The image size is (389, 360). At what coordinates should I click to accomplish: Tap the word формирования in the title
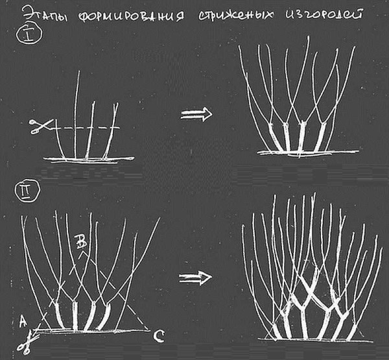point(132,16)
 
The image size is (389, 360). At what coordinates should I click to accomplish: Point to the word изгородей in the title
point(324,14)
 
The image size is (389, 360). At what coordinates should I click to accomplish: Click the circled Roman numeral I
point(29,36)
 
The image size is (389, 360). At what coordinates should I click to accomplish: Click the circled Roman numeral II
point(27,191)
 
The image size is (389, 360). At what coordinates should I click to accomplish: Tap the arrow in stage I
point(196,114)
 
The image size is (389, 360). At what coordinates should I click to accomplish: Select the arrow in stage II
point(195,278)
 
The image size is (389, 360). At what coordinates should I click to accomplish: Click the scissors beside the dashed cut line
point(41,126)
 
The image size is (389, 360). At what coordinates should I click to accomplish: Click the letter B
point(81,242)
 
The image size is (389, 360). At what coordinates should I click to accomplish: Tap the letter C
point(158,337)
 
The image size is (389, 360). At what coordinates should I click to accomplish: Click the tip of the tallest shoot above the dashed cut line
point(79,71)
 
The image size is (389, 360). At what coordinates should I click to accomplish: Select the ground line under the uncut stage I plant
point(89,159)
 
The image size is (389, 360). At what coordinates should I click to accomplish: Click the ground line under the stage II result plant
point(315,340)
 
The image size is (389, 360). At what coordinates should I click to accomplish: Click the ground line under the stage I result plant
point(307,152)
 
